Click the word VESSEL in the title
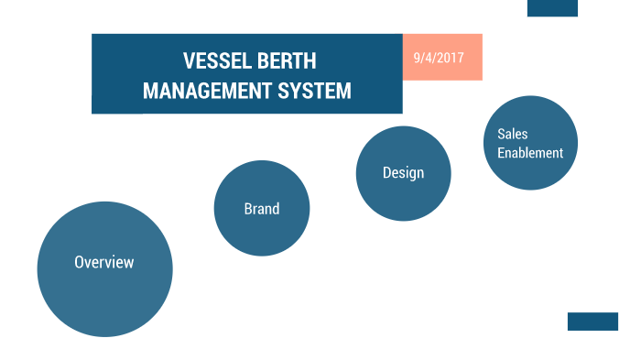(215, 61)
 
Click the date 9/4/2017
(439, 57)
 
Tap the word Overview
(104, 262)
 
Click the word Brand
(262, 209)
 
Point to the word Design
(403, 173)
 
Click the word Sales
(513, 134)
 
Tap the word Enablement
(530, 153)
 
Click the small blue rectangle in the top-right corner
(552, 8)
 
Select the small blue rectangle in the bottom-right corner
(592, 322)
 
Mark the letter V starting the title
(189, 61)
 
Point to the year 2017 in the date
(451, 57)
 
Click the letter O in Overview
(80, 262)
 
